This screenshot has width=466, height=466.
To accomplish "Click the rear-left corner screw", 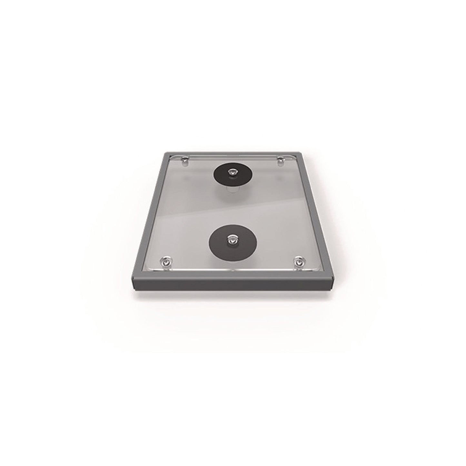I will coord(185,159).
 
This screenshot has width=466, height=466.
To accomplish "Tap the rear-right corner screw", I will coord(281,159).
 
